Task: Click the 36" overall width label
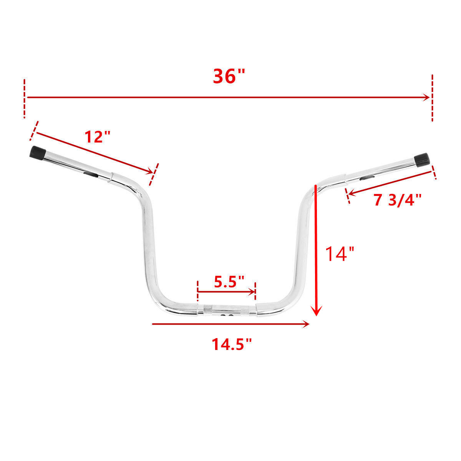229,76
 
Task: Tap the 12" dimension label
98,137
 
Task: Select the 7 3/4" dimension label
397,200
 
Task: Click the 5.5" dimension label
229,282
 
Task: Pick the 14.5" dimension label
232,345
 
